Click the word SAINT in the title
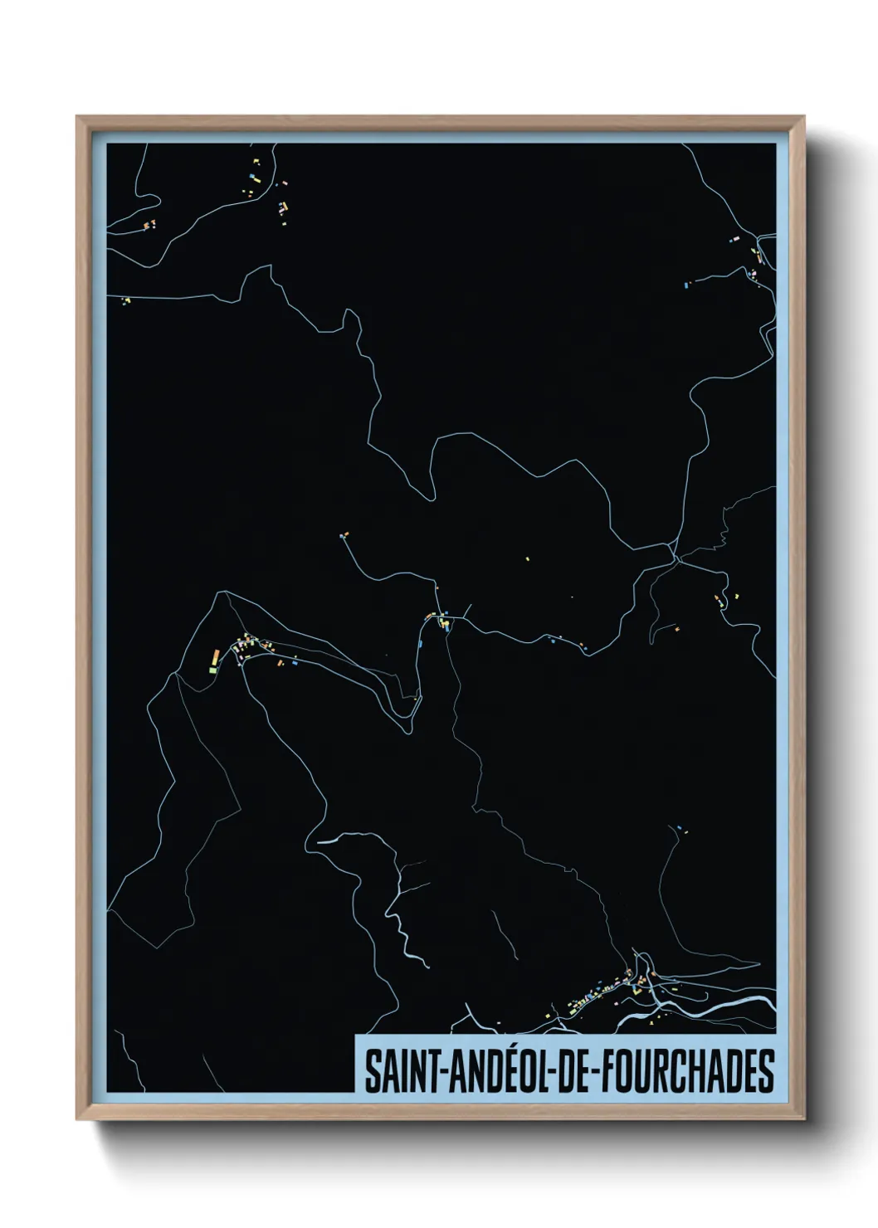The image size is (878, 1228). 402,1071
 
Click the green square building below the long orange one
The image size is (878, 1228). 212,669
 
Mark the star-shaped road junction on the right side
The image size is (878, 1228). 677,559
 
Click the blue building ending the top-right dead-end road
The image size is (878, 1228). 686,285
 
